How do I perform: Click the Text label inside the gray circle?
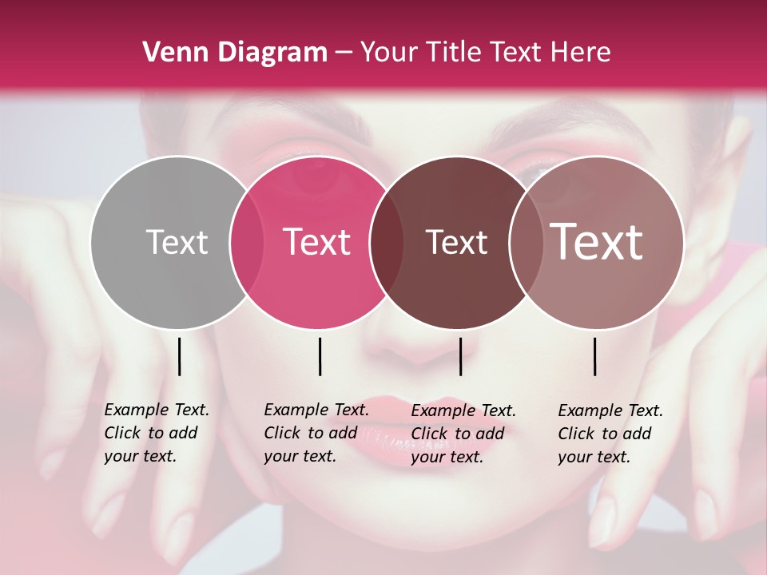click(177, 243)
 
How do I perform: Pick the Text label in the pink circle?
click(316, 243)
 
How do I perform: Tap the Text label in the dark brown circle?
click(456, 243)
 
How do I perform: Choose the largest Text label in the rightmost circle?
click(597, 242)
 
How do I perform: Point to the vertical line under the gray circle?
click(179, 356)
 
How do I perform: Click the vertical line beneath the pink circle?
click(320, 356)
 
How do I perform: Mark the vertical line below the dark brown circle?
click(460, 356)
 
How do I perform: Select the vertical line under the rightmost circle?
click(595, 356)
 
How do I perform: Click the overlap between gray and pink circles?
click(247, 243)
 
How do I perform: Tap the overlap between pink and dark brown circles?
click(387, 243)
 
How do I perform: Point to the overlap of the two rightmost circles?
click(526, 243)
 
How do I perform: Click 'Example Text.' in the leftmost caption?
click(157, 410)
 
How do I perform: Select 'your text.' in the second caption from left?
click(300, 457)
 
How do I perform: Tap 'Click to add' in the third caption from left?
click(458, 434)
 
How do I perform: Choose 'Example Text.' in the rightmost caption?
click(610, 411)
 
